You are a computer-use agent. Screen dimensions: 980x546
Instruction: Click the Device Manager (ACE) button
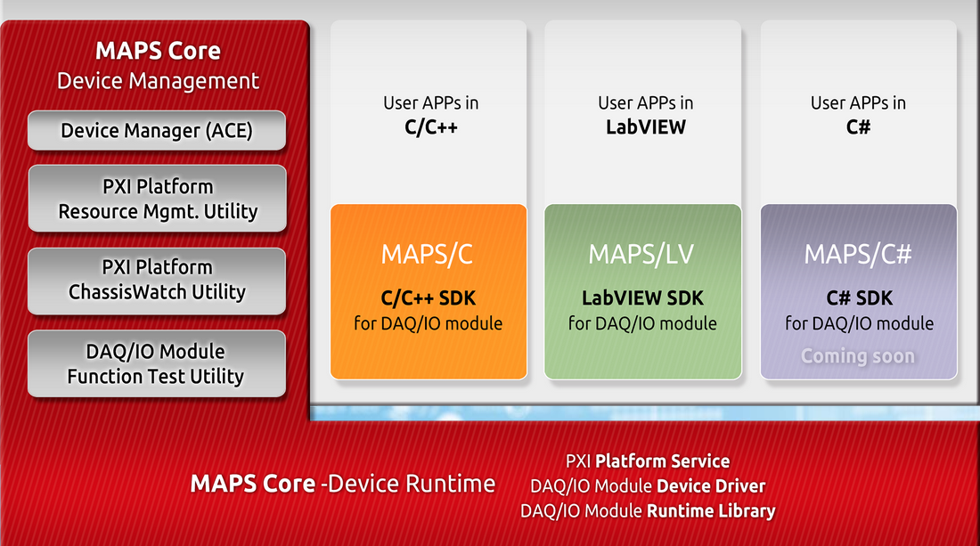(x=157, y=131)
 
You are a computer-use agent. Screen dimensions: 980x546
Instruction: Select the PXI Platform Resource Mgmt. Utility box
(x=158, y=199)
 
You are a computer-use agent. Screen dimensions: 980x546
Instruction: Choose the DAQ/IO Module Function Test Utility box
(x=157, y=363)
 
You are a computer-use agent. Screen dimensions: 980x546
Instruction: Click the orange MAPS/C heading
(x=428, y=254)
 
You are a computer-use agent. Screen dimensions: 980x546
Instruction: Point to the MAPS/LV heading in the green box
(x=641, y=254)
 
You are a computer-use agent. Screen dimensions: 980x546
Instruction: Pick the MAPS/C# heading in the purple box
(x=858, y=254)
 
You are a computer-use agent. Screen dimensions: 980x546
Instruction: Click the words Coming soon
(x=858, y=356)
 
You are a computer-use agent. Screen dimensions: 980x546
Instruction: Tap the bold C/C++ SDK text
(x=429, y=298)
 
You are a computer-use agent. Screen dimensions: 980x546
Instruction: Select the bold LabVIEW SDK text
(x=642, y=298)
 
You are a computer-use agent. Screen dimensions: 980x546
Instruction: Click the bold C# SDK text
(x=860, y=298)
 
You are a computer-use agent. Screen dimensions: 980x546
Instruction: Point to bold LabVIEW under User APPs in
(x=646, y=127)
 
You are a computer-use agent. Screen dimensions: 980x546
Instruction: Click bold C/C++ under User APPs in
(x=430, y=127)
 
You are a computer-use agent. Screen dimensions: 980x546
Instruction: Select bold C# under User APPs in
(x=858, y=127)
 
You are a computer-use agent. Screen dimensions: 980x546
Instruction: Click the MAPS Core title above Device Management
(x=158, y=51)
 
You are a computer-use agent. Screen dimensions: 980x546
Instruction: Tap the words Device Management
(x=158, y=80)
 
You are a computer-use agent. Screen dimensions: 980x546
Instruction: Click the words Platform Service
(x=663, y=461)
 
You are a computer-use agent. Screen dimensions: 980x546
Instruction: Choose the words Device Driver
(x=711, y=486)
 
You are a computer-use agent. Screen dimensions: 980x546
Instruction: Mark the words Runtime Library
(x=711, y=511)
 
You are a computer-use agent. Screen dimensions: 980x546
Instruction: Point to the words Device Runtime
(x=412, y=484)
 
